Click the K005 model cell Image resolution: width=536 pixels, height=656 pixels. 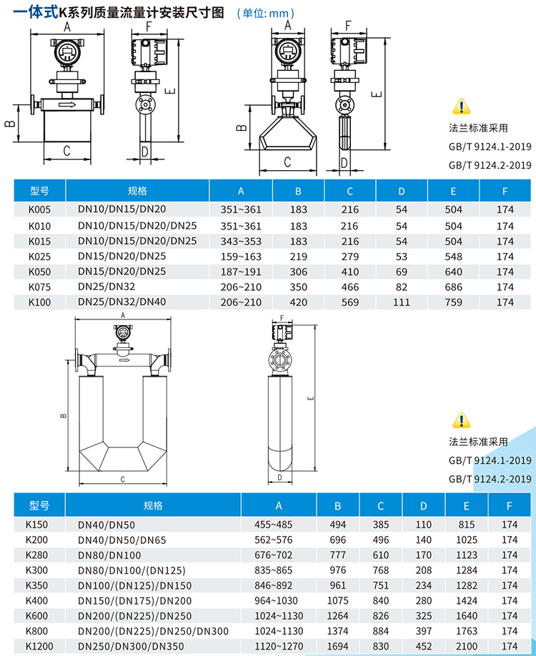pyautogui.click(x=39, y=209)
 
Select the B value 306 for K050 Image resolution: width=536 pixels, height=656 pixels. pyautogui.click(x=299, y=272)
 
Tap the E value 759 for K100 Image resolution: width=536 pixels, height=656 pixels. pyautogui.click(x=453, y=302)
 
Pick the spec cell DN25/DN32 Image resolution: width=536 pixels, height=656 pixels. pyautogui.click(x=111, y=287)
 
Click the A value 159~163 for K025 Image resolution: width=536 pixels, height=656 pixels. pyautogui.click(x=242, y=256)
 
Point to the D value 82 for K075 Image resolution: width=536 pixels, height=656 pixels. pyautogui.click(x=401, y=287)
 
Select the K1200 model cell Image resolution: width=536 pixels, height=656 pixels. pyautogui.click(x=39, y=646)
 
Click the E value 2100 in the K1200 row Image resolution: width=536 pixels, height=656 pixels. pyautogui.click(x=466, y=646)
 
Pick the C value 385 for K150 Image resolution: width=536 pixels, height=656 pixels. pyautogui.click(x=380, y=525)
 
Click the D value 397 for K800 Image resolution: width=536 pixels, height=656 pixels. pyautogui.click(x=424, y=631)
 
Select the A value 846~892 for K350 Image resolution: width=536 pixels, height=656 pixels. pyautogui.click(x=279, y=585)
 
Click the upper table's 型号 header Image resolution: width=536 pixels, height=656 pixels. pyautogui.click(x=39, y=191)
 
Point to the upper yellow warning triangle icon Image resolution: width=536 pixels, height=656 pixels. pyautogui.click(x=460, y=108)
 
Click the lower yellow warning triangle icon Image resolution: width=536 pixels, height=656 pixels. pyautogui.click(x=460, y=419)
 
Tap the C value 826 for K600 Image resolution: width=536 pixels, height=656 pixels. pyautogui.click(x=380, y=616)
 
